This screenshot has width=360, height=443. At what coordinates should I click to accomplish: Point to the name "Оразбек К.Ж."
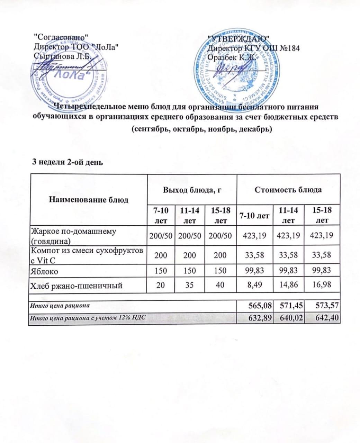232,57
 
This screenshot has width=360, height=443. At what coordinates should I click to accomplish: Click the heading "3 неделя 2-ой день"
67,162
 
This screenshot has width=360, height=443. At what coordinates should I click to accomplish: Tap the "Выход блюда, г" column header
192,190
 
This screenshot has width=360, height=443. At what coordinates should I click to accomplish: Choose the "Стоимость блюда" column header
288,190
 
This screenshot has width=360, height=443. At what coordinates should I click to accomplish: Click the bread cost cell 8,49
255,285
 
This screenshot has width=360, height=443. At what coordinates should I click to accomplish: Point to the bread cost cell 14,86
289,285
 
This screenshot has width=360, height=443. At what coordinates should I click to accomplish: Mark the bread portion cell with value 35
189,285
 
